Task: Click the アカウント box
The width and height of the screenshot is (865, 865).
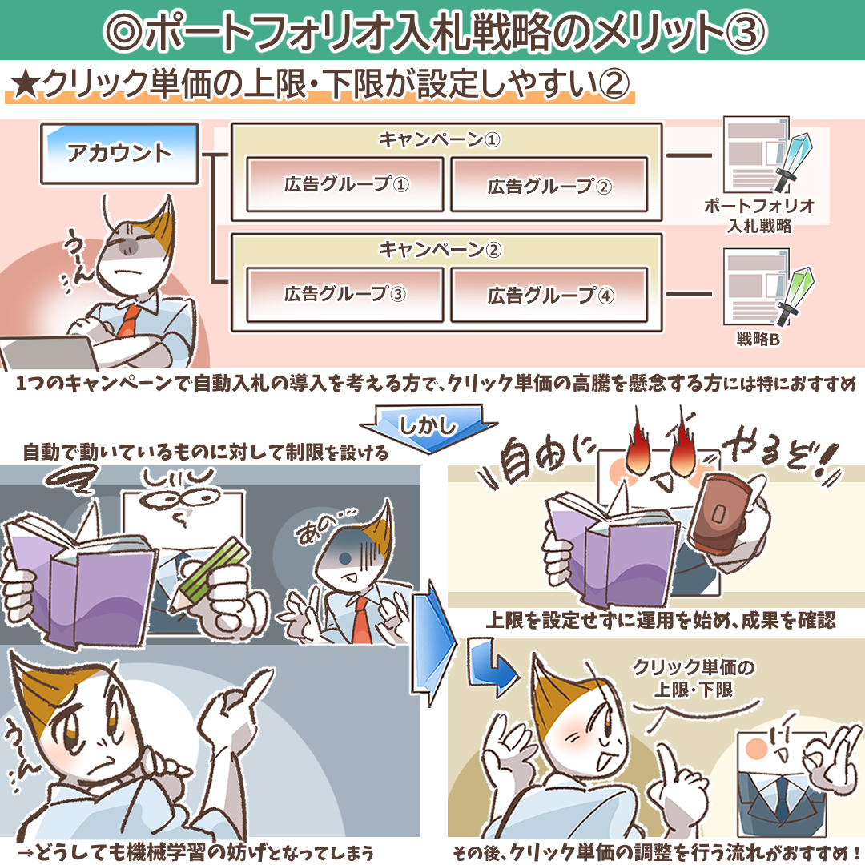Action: tap(119, 153)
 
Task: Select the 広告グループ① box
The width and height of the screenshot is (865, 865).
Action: tap(344, 184)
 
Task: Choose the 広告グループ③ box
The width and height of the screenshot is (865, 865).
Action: tap(344, 295)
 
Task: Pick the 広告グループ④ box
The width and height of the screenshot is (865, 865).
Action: tap(549, 295)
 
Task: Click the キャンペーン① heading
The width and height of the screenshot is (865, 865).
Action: tap(440, 139)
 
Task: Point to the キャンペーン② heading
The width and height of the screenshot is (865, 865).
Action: tap(440, 250)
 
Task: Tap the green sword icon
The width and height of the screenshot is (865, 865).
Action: tap(795, 296)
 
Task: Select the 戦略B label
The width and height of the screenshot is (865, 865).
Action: tap(758, 340)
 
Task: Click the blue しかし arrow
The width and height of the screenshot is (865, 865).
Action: tap(428, 428)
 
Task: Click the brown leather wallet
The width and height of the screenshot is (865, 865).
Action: tap(720, 514)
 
